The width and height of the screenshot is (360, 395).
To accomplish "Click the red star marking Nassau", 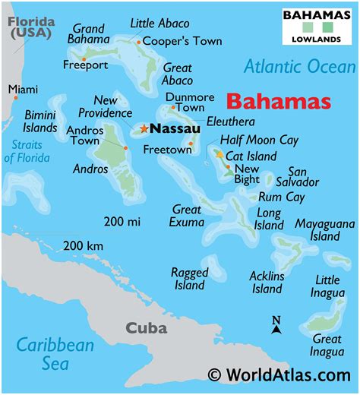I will point(144,129).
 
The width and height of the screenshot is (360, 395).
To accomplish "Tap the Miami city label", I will point(23,90).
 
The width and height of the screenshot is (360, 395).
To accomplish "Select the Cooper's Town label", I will point(175,41).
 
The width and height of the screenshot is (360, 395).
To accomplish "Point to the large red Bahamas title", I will point(279,102).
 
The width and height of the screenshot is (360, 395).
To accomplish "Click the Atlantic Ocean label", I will point(299,67).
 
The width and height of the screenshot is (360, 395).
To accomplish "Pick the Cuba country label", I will point(146,328).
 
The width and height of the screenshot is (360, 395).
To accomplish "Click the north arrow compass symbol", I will point(276,326).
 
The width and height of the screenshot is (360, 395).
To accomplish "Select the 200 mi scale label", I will point(122,221).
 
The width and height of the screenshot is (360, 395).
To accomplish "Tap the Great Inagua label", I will point(327,345).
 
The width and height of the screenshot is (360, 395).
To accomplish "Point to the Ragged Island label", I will point(189,278).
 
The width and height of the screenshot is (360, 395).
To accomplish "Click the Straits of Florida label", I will point(27,151).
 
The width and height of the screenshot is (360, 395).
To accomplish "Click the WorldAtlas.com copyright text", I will point(279,374).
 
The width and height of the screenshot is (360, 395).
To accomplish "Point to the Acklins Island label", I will point(267,283).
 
